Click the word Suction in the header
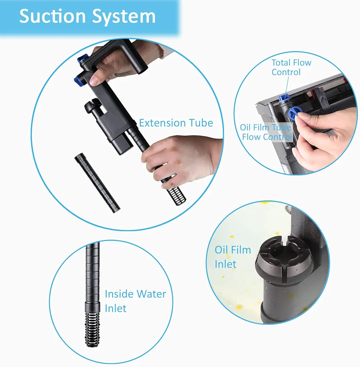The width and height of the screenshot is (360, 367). [52, 16]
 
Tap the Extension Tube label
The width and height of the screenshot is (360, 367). [176, 123]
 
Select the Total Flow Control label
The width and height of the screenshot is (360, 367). [291, 67]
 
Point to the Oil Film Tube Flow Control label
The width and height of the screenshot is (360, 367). [266, 132]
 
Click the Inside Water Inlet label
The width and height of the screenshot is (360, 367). [135, 301]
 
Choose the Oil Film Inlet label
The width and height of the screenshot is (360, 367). [233, 257]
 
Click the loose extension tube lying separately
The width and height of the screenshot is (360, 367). [97, 183]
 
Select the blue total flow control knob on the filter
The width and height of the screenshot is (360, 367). [284, 98]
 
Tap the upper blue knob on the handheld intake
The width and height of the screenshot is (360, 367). [83, 58]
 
